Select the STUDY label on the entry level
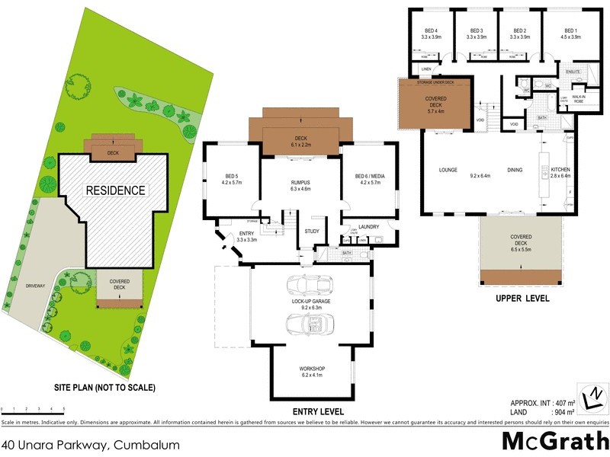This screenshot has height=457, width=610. tap(311, 231)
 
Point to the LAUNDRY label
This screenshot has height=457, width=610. tap(368, 226)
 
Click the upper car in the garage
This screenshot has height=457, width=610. tap(310, 286)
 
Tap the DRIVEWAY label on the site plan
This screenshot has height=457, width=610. tap(35, 286)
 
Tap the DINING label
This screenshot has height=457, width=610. tap(515, 169)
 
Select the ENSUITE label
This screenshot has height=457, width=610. tap(573, 72)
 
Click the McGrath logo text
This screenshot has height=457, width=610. tap(554, 441)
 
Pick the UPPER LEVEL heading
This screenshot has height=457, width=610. tap(522, 298)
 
